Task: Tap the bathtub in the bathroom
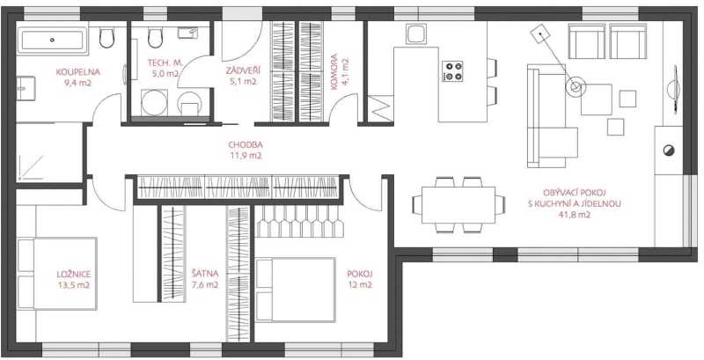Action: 52,40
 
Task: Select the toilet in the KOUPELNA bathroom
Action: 106,38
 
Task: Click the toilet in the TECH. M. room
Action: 155,38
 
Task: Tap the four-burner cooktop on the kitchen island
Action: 452,71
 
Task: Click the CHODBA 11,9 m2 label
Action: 246,151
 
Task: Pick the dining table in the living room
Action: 458,205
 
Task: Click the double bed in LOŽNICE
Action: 57,274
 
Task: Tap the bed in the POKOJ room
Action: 296,290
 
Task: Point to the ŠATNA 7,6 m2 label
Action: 205,278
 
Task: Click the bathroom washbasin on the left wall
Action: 26,88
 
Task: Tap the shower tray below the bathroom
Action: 49,152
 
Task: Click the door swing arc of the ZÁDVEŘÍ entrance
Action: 250,49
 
